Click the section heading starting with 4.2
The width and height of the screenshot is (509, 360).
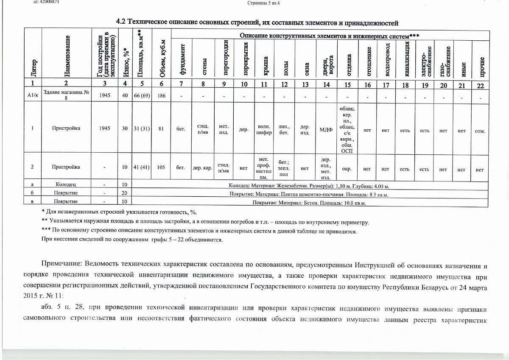pos(257,22)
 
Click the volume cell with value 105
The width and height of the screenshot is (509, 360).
pos(161,167)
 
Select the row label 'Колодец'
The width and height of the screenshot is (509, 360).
pos(66,185)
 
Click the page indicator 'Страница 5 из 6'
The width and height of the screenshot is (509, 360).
pos(263,3)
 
